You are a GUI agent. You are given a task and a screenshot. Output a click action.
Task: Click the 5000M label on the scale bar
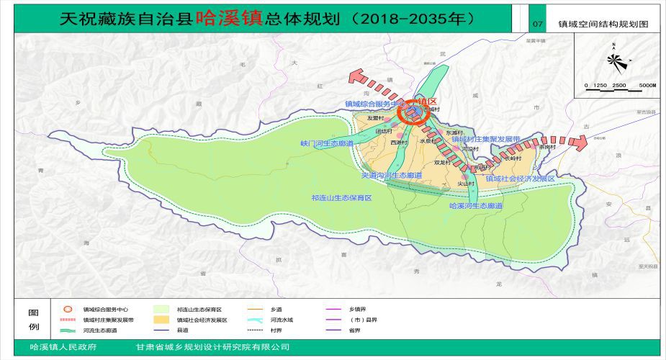647,86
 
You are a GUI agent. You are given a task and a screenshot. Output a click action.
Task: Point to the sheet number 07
536,24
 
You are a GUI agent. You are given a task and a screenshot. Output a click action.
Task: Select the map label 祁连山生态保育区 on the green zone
341,197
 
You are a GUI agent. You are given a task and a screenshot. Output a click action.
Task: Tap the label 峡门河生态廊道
328,144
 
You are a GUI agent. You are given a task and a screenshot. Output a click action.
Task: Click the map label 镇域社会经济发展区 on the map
520,178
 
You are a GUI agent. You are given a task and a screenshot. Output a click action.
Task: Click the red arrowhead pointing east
580,142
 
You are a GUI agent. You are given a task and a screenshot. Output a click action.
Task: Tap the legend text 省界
356,330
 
